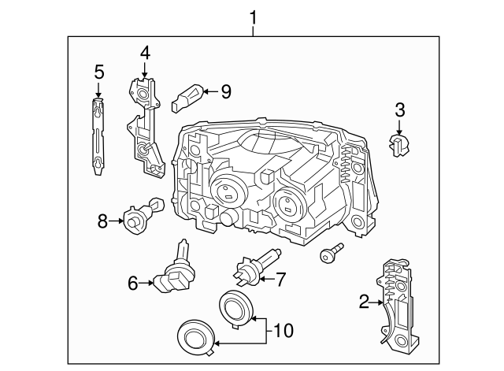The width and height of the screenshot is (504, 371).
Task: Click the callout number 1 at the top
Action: click(x=253, y=16)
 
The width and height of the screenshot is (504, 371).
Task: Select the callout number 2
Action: click(x=364, y=300)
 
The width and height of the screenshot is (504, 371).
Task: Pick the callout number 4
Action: click(x=145, y=54)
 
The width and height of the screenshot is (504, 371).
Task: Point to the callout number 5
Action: click(x=98, y=72)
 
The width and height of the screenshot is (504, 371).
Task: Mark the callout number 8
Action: click(x=102, y=221)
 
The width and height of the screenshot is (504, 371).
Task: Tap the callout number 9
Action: click(x=225, y=91)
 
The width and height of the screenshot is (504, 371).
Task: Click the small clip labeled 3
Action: click(x=399, y=142)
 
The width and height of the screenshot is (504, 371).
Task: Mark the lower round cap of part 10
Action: click(x=194, y=339)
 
